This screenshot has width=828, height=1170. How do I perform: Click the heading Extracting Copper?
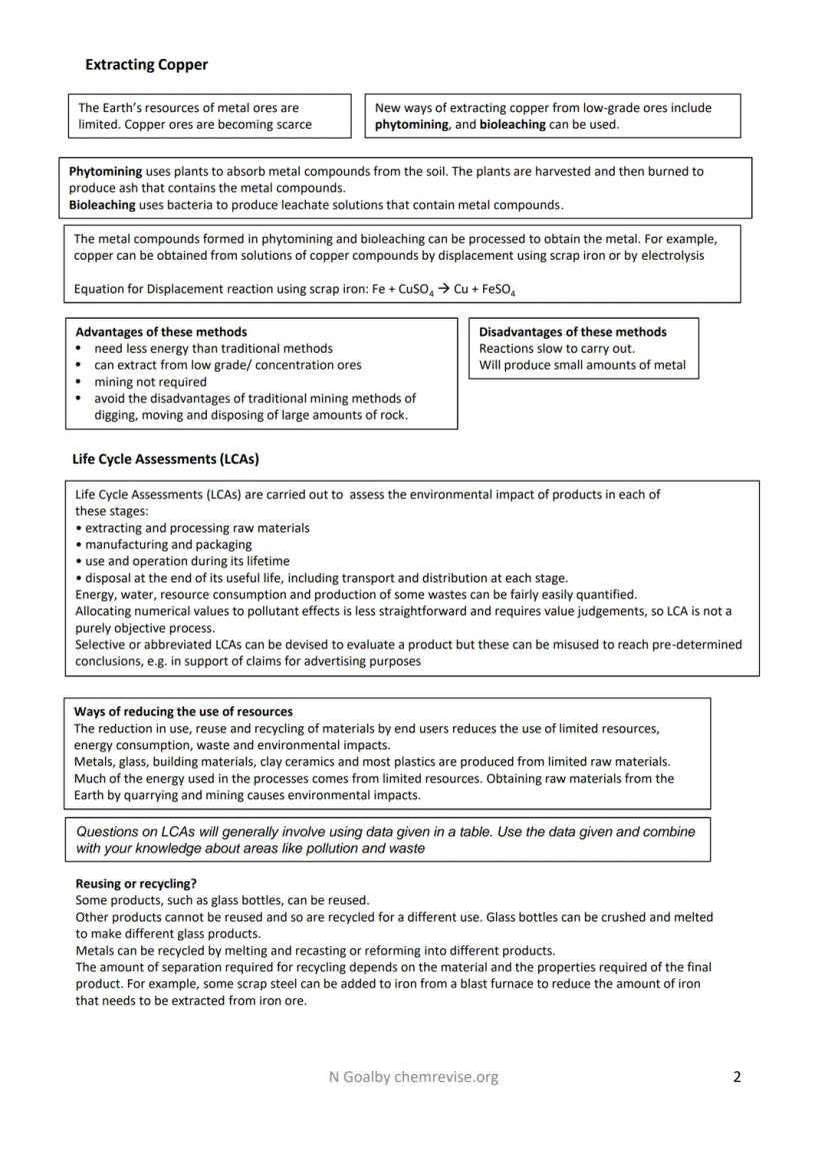click(146, 65)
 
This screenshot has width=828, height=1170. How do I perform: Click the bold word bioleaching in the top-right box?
click(512, 125)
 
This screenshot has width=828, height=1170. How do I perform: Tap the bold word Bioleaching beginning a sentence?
click(102, 205)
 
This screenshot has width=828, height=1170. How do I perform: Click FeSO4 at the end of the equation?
click(495, 290)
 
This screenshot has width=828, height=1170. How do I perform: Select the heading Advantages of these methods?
click(161, 332)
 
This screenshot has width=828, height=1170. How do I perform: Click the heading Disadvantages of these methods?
click(572, 332)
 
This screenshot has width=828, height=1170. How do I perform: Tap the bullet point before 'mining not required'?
click(79, 383)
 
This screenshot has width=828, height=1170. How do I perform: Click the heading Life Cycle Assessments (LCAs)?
click(165, 460)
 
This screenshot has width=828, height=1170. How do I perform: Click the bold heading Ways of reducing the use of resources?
click(183, 711)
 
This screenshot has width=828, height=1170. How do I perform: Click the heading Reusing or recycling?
click(136, 883)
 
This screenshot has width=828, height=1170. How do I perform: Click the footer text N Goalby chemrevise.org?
click(413, 1077)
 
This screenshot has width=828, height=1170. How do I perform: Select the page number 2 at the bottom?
click(737, 1077)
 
